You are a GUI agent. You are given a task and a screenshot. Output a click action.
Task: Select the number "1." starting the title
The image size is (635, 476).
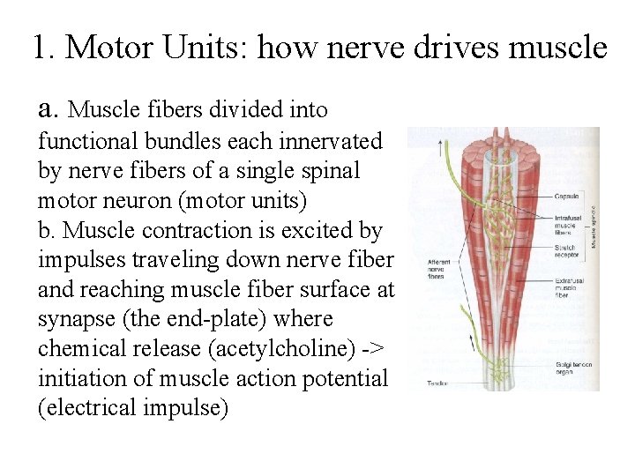coord(45,48)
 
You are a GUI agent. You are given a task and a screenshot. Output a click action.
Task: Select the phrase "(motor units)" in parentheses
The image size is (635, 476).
coord(243,200)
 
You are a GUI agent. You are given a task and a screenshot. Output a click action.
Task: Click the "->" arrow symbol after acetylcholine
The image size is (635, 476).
coord(372,349)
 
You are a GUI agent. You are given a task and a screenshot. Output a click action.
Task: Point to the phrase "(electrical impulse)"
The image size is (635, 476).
coord(133,409)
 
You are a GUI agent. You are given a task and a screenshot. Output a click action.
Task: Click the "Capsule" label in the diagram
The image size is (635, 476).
coord(566,196)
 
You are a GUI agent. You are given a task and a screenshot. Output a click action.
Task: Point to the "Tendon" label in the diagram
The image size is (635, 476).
coord(438,383)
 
